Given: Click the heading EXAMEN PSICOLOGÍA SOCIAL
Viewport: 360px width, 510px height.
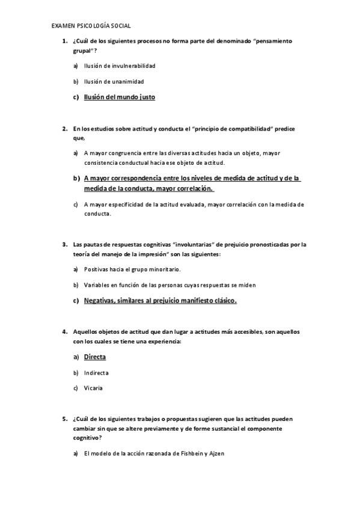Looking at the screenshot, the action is click(91, 26).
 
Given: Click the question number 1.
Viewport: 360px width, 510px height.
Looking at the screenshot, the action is click(64, 41).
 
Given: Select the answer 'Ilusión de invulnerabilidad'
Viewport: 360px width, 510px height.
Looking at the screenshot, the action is click(120, 66).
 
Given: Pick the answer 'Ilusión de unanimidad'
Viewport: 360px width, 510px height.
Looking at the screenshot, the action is click(114, 81).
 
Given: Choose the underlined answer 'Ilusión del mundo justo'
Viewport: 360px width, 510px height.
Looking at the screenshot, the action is click(120, 97).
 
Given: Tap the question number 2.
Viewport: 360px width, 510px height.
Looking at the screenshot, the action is click(64, 129).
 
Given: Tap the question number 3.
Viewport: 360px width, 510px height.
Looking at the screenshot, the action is click(64, 245).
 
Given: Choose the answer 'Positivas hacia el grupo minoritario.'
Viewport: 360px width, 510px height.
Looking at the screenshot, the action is click(132, 269).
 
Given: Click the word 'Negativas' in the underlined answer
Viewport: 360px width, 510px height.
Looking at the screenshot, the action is click(103, 300).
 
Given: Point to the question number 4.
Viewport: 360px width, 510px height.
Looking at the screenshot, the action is click(64, 332).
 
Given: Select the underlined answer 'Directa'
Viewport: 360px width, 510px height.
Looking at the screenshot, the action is click(95, 357).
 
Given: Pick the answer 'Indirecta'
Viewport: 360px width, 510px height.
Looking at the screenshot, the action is click(96, 373).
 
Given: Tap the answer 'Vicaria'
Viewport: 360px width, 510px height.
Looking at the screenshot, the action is click(93, 388).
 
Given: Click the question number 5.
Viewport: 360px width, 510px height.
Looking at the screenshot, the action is click(64, 418).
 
